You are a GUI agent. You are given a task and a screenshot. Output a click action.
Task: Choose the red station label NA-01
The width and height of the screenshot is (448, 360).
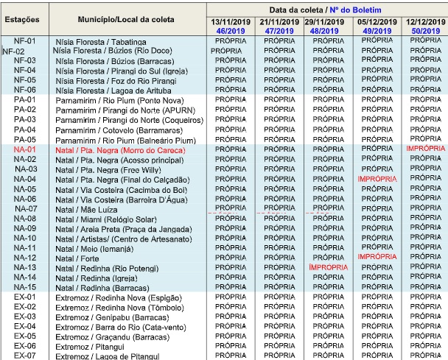coord(25,149)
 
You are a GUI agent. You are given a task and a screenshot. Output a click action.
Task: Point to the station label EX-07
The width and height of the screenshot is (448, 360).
coord(25,356)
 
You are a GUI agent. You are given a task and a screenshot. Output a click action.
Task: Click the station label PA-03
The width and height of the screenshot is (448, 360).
coord(25,119)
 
